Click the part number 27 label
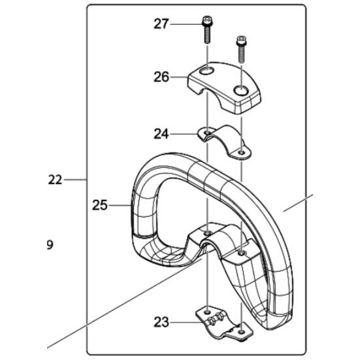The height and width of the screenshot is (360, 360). coord(161,24)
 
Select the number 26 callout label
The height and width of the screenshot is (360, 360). coord(161,77)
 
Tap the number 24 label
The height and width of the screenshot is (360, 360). coord(161,134)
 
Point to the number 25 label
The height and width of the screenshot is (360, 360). coord(100,205)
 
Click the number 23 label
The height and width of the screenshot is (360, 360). coord(161,322)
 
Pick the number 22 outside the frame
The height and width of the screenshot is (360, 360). coord(55,180)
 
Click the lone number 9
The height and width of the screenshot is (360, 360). coord(50,245)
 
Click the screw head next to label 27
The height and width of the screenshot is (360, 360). coord(207,20)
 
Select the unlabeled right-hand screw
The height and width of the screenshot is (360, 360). coord(241,49)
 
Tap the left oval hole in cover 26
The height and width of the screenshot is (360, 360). coord(206,71)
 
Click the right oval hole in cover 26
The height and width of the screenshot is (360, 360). coord(241,90)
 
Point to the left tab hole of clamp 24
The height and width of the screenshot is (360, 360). coord(207,133)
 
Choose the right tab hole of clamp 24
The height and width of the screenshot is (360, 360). coord(241,152)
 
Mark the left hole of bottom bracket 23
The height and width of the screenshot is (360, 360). coord(207,312)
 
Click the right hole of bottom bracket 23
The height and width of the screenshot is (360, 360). coord(241,332)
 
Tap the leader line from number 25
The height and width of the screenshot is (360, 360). coord(120,205)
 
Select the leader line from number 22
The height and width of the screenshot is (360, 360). coord(75,180)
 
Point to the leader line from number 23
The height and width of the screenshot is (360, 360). coord(185,322)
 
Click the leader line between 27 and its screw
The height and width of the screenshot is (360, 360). coord(186,24)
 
